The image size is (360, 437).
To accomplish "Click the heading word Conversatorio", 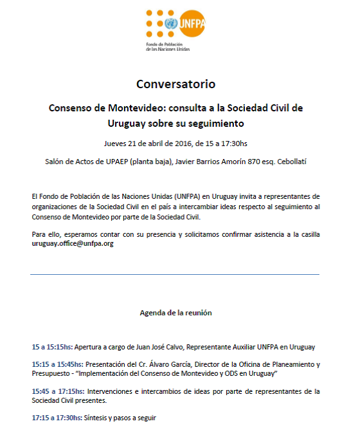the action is [175, 84].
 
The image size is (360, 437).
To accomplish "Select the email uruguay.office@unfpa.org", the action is [73, 244].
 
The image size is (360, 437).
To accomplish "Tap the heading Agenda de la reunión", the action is [175, 313].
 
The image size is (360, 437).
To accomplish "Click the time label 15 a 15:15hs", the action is [52, 348].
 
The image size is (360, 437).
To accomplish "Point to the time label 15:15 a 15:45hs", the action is [57, 364].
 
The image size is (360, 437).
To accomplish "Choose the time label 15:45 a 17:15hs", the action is [57, 391].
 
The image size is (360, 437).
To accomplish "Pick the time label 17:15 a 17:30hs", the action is [57, 418].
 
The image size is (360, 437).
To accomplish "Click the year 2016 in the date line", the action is [184, 144].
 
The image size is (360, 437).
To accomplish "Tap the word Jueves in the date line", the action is [115, 144].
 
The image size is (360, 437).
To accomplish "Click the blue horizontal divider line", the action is [175, 275].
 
